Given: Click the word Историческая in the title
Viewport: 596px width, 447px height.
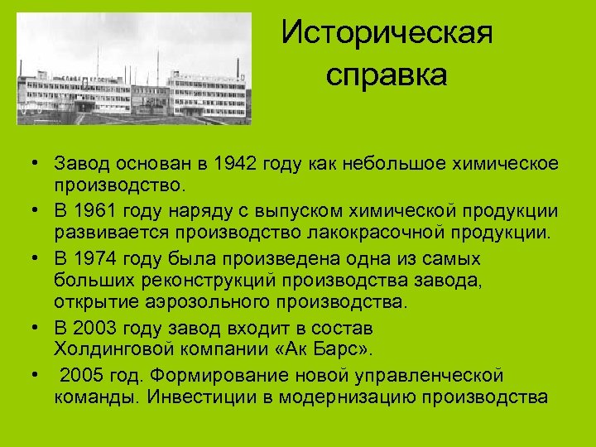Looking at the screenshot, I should (387, 34).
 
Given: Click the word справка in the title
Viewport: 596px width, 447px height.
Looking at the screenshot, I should (387, 75).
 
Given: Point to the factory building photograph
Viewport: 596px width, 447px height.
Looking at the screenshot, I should (133, 69).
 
